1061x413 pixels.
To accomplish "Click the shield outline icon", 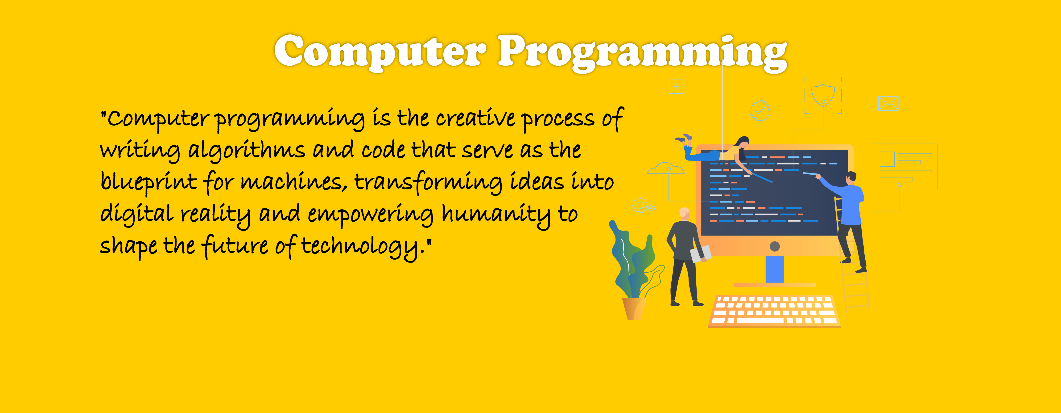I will [x=822, y=95].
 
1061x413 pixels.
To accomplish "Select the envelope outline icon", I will [x=888, y=103].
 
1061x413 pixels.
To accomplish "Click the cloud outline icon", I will [x=666, y=168].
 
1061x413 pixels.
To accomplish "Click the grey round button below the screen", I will [x=774, y=246].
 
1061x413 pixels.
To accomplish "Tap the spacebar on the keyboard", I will [x=760, y=320].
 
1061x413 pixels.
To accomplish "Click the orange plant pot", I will [x=633, y=308].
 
